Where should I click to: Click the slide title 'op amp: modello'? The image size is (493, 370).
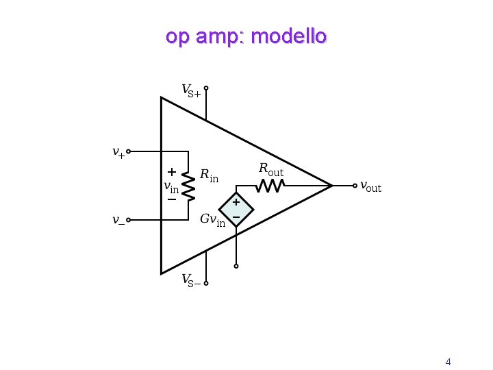pos(246,36)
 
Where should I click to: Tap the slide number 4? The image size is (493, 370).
pos(448,362)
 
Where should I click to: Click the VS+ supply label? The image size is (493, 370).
pos(191,90)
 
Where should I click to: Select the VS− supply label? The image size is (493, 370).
pos(191,280)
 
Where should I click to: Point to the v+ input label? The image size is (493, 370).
pos(118,152)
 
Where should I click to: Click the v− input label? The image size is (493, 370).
pos(118,220)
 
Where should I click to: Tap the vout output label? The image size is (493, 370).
pos(371,186)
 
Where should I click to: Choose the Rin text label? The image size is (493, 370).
pos(209,175)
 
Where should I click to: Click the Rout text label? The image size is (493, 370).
pos(270,169)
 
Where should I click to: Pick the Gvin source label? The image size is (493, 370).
pos(212,220)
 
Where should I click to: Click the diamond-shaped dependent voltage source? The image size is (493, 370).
pos(236,210)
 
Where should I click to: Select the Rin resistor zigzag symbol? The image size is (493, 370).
pos(188,185)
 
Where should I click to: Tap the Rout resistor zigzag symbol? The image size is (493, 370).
pos(270,185)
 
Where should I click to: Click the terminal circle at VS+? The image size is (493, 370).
pos(206,88)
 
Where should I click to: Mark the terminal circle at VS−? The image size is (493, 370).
pos(206,283)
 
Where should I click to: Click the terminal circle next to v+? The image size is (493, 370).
pos(129,151)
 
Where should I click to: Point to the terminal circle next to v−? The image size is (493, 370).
pos(129,220)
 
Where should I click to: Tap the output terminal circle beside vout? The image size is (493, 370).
pos(354,185)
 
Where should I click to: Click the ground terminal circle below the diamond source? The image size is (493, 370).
pos(236,266)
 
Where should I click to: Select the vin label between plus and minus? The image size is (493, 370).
pos(170,186)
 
